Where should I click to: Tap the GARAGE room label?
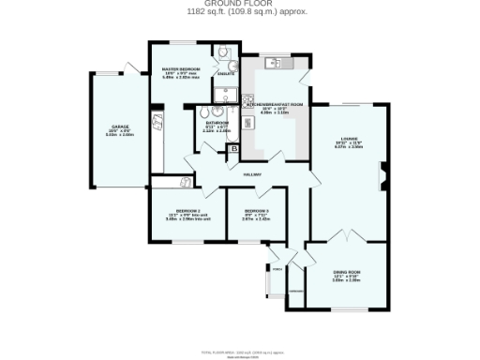120,126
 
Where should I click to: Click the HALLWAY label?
252,174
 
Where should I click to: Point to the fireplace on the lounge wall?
383,173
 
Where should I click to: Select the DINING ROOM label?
346,272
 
